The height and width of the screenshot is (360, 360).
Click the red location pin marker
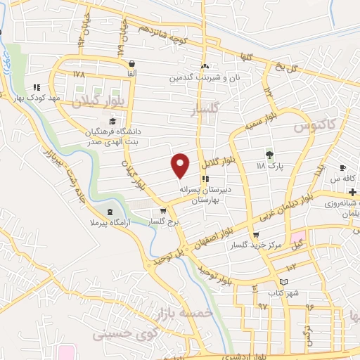click(x=181, y=166)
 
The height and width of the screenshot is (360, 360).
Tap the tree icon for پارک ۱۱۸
click(x=269, y=155)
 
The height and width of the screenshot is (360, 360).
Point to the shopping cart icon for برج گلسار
click(x=164, y=210)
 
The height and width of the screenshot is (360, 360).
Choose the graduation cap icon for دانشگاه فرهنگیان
click(x=112, y=122)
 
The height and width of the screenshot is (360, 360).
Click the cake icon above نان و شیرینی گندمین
click(x=205, y=66)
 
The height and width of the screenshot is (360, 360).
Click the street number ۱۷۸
click(x=77, y=72)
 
